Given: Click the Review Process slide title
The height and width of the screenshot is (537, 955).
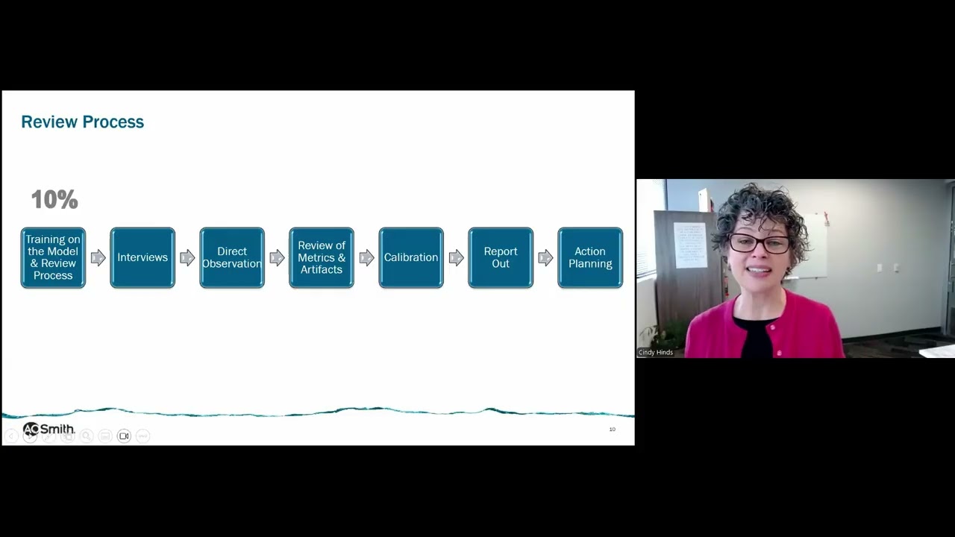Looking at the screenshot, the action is [x=83, y=122].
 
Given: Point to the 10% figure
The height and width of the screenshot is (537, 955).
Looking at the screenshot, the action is [x=54, y=199].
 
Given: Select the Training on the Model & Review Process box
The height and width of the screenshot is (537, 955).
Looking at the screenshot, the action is [x=53, y=257].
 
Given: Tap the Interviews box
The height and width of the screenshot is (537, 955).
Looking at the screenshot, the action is [x=143, y=257].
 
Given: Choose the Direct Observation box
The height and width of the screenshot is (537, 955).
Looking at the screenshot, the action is [x=232, y=257].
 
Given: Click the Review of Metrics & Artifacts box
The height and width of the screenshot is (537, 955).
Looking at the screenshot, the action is [x=322, y=257].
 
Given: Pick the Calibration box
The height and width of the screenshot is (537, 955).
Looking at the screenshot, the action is [x=411, y=257].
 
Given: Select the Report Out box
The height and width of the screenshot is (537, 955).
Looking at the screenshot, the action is [x=501, y=257].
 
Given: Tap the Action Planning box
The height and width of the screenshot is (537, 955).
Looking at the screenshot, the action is [x=590, y=257].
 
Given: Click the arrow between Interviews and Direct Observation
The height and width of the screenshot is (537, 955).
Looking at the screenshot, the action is [x=187, y=258].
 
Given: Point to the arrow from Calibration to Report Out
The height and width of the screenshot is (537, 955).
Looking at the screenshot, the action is [x=456, y=258].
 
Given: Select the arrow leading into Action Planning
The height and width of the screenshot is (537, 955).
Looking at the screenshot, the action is [x=545, y=258].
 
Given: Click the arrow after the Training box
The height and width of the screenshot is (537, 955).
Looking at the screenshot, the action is [x=98, y=258].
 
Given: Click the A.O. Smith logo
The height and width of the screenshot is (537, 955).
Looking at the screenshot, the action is [x=48, y=429].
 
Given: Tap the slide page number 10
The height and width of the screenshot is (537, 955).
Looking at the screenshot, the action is [x=613, y=429].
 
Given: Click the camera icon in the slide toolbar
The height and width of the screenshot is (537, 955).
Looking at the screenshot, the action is [x=124, y=436].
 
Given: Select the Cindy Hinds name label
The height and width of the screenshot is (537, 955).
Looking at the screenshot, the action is [x=656, y=353].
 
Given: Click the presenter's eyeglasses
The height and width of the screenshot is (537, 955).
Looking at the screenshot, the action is [x=760, y=243].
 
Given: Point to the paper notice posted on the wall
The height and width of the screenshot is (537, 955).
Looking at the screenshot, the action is [x=691, y=245].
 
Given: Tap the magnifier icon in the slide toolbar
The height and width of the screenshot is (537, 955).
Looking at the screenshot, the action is [x=87, y=436].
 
